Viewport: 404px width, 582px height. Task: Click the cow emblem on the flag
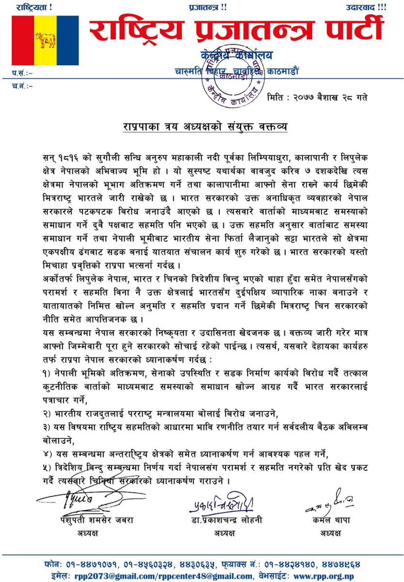click(x=45, y=39)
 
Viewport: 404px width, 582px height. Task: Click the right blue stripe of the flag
click(x=68, y=40)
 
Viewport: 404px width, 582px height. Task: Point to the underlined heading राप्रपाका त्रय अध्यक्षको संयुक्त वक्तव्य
click(x=205, y=127)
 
